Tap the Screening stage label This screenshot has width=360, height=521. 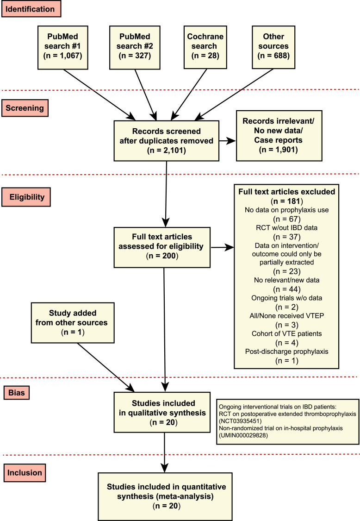click(x=25, y=108)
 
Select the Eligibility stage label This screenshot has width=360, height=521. click(x=26, y=197)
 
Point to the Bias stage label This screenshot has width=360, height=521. click(x=17, y=392)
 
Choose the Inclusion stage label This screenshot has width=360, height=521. click(x=25, y=472)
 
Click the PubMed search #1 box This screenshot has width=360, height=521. click(x=63, y=48)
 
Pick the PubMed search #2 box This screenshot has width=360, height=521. click(x=135, y=48)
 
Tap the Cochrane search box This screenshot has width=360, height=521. click(x=205, y=47)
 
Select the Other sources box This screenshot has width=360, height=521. click(x=273, y=47)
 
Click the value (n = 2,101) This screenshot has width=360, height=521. click(x=167, y=151)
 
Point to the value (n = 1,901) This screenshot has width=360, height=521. click(x=278, y=150)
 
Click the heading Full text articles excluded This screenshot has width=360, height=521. click(x=286, y=192)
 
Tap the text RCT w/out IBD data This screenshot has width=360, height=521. click(x=286, y=227)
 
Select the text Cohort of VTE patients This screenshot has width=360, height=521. click(x=286, y=333)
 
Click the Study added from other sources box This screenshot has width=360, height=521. click(x=73, y=323)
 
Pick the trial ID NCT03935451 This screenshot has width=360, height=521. click(x=240, y=421)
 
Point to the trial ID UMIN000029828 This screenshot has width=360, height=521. click(x=243, y=435)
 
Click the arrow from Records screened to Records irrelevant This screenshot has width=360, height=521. click(x=228, y=141)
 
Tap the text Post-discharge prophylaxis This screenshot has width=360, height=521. click(x=286, y=352)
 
